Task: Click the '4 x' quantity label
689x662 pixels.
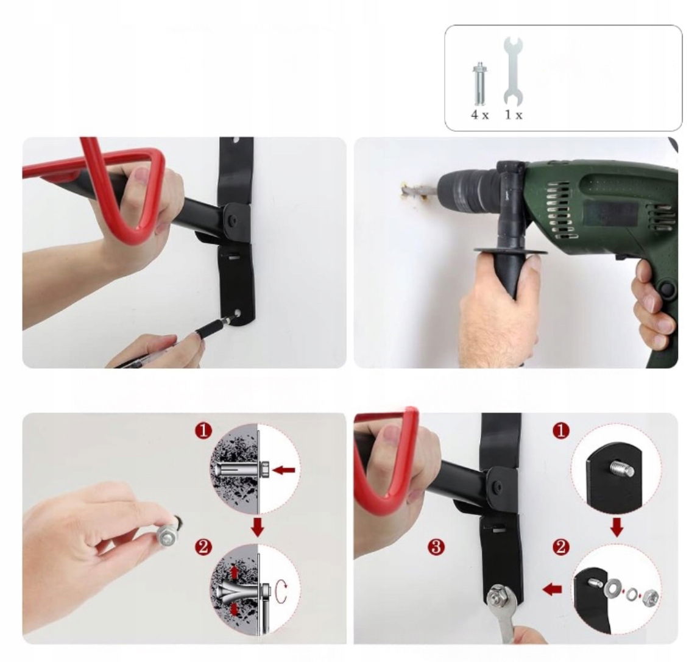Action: (x=479, y=115)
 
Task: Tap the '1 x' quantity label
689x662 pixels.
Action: (x=513, y=115)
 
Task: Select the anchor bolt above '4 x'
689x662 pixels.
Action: (x=479, y=84)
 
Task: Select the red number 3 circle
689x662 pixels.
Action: (x=436, y=547)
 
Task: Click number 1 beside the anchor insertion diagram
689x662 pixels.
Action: (x=203, y=431)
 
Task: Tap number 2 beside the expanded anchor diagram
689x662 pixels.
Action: (x=203, y=547)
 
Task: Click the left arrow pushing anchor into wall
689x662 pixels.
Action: (x=284, y=471)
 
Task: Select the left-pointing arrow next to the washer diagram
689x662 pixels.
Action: (x=553, y=589)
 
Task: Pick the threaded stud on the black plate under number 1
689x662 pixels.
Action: (x=621, y=469)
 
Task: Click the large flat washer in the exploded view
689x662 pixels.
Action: (x=613, y=587)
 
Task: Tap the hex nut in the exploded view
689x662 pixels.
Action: (x=649, y=597)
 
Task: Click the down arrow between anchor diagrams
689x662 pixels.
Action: (x=258, y=527)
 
